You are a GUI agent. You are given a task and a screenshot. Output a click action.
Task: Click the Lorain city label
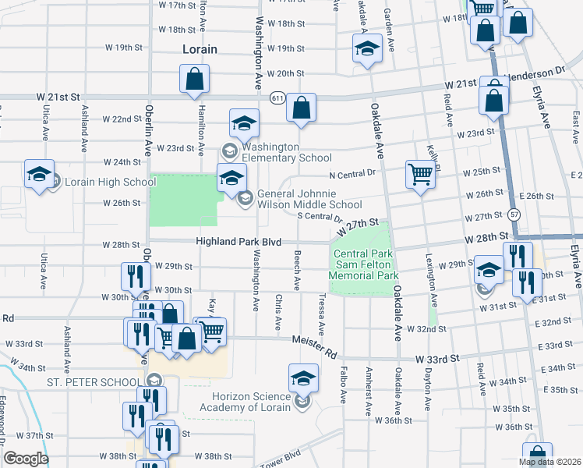coord(199,49)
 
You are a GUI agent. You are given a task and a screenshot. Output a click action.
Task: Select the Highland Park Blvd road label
coord(238,243)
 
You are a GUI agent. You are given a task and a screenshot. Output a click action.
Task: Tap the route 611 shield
coord(277,98)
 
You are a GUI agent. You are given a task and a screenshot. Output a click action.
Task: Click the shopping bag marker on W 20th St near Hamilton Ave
coord(194,78)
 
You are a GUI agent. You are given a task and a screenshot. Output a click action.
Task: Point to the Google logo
coord(26,458)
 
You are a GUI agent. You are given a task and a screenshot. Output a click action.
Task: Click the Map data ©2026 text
coord(550,463)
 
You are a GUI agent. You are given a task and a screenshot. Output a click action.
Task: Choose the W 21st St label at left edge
coord(58,97)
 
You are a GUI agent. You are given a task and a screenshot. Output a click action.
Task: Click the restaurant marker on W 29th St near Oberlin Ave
coord(135,275)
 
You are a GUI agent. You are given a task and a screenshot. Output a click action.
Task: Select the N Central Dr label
coord(352,175)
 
